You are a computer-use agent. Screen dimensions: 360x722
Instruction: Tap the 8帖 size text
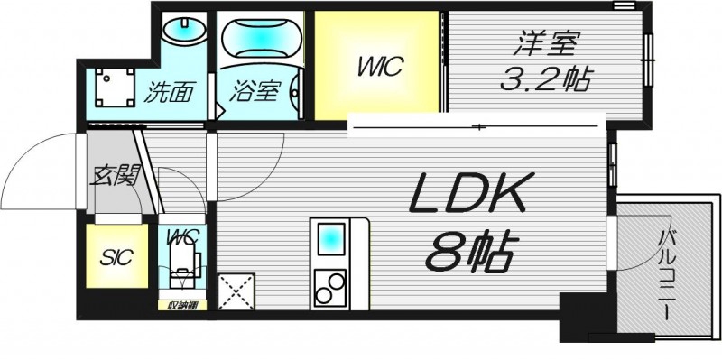pyautogui.click(x=468, y=255)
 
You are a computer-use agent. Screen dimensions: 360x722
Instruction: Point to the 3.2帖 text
pyautogui.click(x=545, y=78)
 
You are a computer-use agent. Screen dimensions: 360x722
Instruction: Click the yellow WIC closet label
pyautogui.click(x=377, y=66)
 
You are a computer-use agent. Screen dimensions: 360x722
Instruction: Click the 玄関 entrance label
pyautogui.click(x=115, y=174)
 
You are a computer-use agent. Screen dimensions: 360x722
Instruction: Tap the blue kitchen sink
pyautogui.click(x=330, y=240)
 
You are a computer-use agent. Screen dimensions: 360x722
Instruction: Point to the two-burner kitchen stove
pyautogui.click(x=330, y=288)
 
